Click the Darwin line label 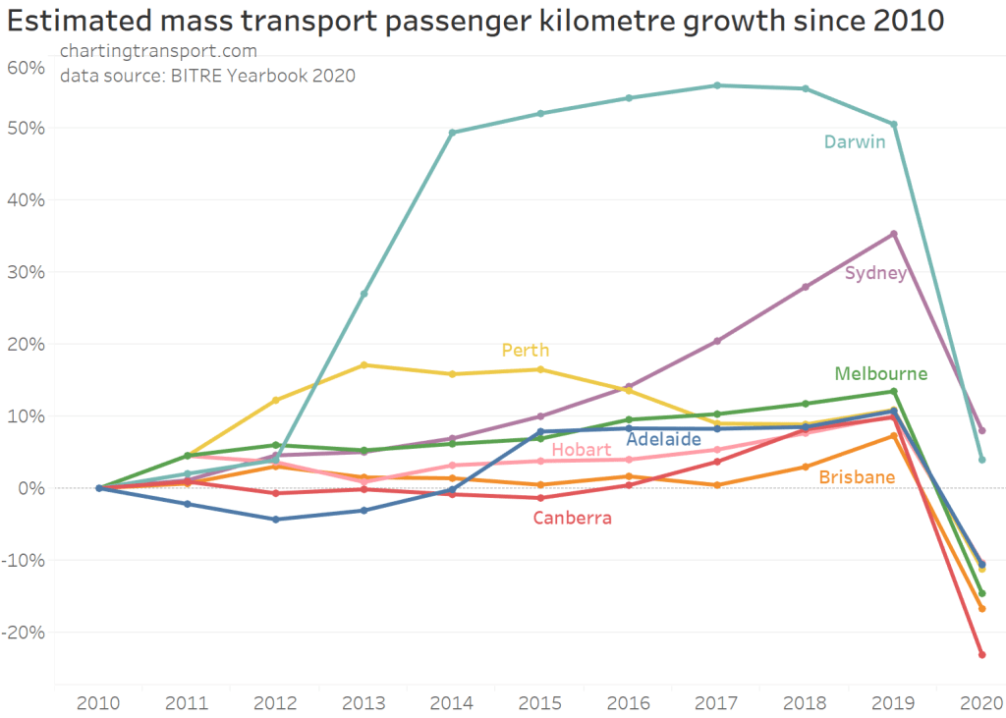(x=854, y=142)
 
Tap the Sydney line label (x=875, y=273)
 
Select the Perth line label (x=526, y=351)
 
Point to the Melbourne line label (x=880, y=373)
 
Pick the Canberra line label (x=573, y=518)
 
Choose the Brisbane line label (x=857, y=477)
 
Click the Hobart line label (x=582, y=450)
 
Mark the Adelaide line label (x=663, y=439)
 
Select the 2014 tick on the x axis (x=452, y=702)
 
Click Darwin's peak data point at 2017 (x=717, y=85)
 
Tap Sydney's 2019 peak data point (x=893, y=234)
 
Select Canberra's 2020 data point (x=981, y=654)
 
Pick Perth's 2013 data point (x=364, y=365)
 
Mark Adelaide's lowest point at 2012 (x=276, y=520)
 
